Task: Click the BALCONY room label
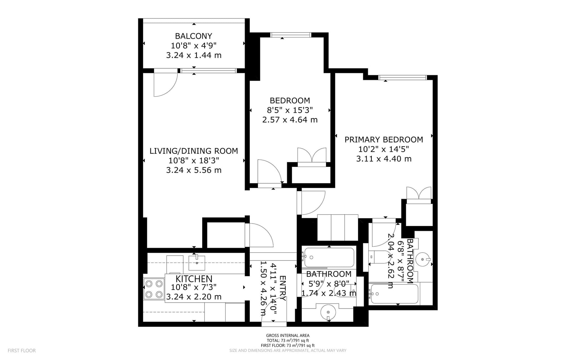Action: point(194,36)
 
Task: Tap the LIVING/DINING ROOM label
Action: point(194,151)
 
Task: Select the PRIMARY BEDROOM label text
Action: point(384,140)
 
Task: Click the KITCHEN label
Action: point(194,279)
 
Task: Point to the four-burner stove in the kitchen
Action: point(154,289)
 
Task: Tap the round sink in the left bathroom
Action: point(328,312)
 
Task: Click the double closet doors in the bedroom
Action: point(312,155)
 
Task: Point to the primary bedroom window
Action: point(402,77)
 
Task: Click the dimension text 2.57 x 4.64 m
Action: point(290,120)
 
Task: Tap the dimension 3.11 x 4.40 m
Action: point(384,159)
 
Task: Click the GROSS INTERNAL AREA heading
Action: point(288,336)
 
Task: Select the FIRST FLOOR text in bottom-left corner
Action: point(22,351)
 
